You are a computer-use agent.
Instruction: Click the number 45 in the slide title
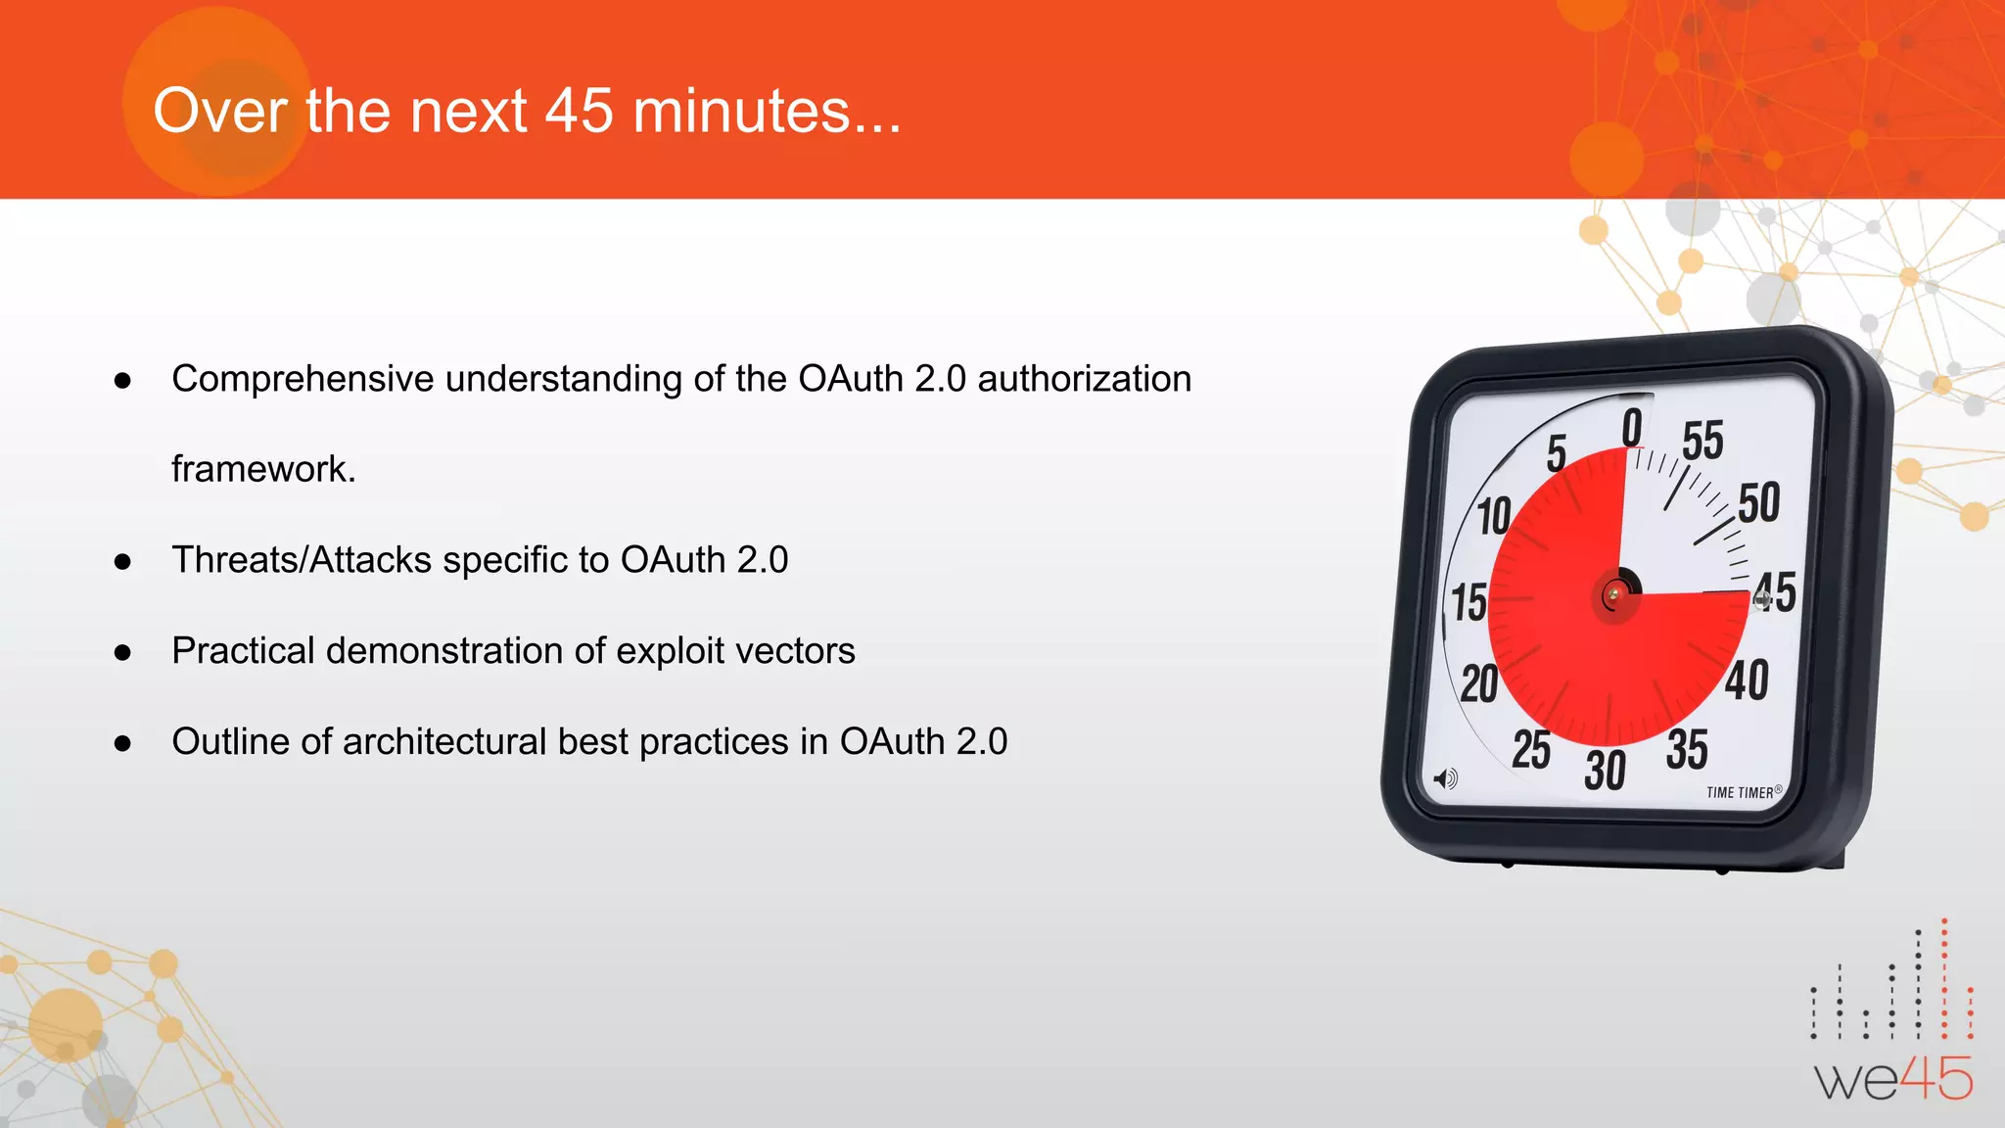coord(579,111)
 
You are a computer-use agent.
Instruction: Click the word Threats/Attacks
coord(302,560)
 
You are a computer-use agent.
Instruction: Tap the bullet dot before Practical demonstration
coord(122,653)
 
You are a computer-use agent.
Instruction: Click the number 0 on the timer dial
coord(1631,428)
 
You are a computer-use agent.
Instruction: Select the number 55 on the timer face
coord(1702,441)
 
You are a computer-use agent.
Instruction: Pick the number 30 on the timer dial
coord(1605,771)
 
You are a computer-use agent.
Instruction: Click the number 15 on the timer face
coord(1469,602)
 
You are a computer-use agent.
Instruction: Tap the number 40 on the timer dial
coord(1747,681)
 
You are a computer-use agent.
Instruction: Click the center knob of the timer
coord(1614,594)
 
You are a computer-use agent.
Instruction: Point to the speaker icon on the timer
coord(1445,779)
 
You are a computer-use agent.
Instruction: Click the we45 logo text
coord(1893,1080)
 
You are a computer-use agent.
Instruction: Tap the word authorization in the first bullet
coord(1084,379)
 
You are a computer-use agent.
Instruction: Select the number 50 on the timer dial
coord(1758,503)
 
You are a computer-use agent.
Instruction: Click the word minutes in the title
coord(741,111)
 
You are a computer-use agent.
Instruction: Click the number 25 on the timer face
coord(1531,750)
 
